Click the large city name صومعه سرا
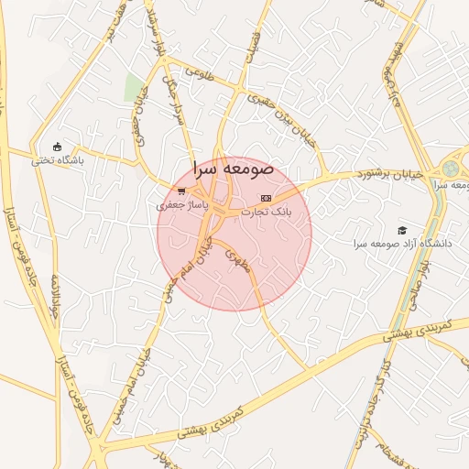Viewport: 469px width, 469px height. [233, 169]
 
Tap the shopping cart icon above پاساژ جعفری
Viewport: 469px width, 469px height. [181, 192]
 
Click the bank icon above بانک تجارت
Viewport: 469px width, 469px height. [266, 198]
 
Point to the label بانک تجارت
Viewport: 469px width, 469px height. [266, 211]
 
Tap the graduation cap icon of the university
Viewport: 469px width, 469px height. [400, 229]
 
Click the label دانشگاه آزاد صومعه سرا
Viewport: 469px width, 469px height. [403, 245]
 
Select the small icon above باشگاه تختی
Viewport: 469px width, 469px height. [58, 147]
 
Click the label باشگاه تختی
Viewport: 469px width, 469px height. [58, 160]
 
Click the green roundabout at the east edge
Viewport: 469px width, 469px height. [450, 169]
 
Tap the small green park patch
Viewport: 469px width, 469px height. [135, 88]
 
